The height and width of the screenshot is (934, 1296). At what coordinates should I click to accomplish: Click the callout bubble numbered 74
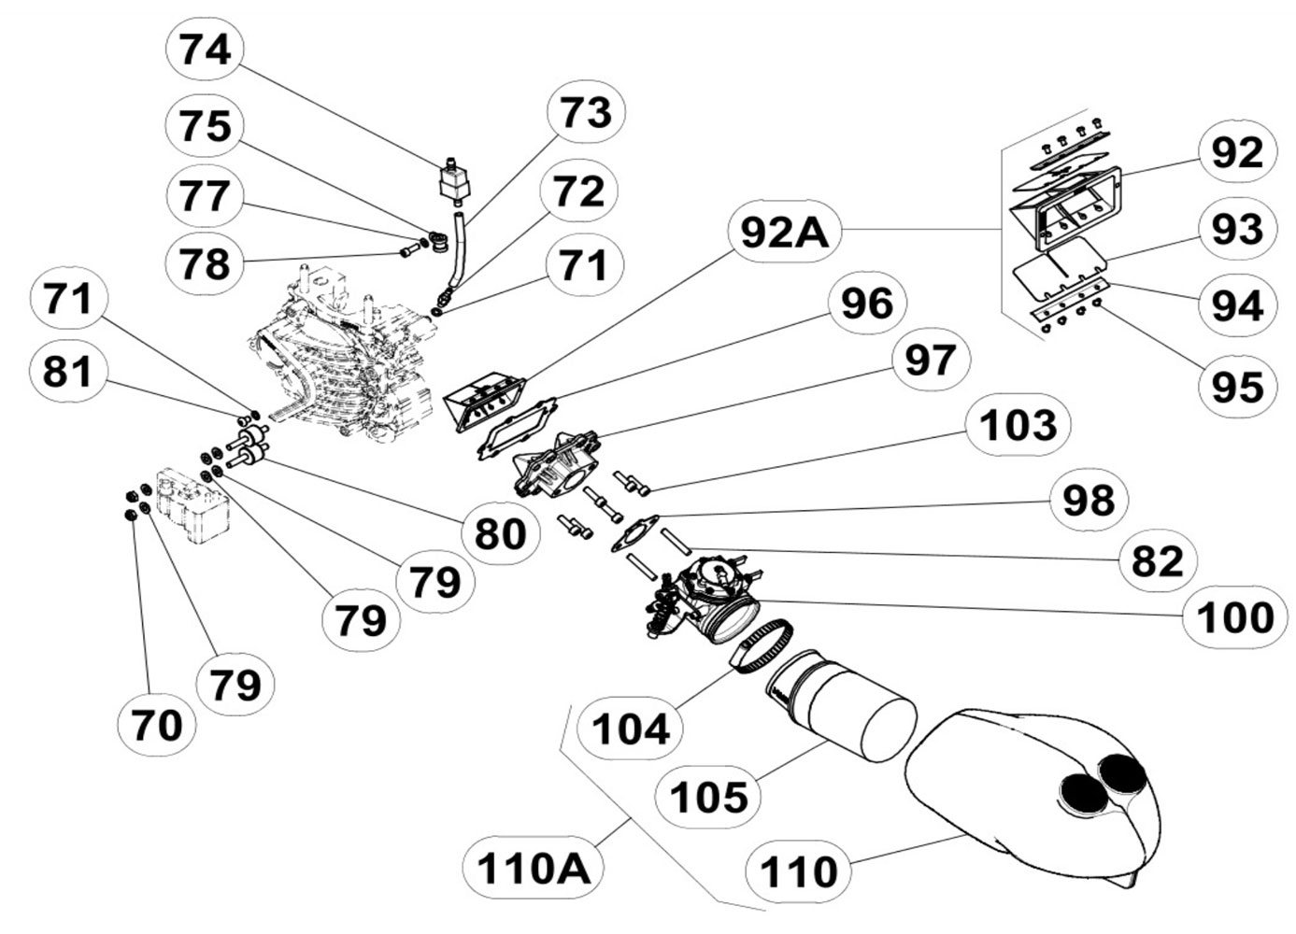[205, 50]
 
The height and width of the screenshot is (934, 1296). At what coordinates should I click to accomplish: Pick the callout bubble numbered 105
[709, 798]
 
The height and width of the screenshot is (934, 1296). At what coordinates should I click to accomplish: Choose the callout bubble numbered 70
[157, 724]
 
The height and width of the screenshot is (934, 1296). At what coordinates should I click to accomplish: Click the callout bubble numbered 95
[1236, 386]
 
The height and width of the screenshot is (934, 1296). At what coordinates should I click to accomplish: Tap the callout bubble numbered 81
[68, 372]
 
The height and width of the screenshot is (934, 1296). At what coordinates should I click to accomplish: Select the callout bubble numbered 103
[1018, 426]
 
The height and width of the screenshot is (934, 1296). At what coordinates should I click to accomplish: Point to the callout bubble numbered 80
[501, 533]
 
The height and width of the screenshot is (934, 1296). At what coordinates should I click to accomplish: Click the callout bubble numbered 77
[205, 197]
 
